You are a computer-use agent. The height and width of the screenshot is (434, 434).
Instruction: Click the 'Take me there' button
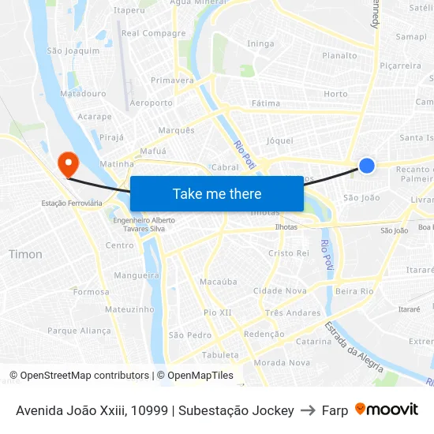point(217,193)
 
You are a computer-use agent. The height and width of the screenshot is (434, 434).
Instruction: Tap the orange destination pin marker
point(69,163)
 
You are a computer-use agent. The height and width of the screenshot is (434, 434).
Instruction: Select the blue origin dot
point(367,165)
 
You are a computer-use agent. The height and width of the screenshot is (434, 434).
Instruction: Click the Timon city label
point(25,254)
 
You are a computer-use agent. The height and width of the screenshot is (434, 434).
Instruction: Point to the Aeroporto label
point(151,103)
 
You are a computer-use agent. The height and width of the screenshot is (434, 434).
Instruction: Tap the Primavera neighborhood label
point(172,80)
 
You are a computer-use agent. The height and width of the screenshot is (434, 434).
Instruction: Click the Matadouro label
point(83,93)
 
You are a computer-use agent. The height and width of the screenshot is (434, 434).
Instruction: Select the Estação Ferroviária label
point(72,203)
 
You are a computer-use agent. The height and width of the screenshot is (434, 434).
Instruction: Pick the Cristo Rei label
point(289,253)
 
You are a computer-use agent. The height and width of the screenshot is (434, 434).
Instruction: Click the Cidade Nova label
point(280,290)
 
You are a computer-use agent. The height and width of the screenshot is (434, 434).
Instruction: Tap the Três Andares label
point(293,312)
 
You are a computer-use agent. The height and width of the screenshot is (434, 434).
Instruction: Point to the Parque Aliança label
point(79,331)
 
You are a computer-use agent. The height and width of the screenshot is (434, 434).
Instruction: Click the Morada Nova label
point(282,362)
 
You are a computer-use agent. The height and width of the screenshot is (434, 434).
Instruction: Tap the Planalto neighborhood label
point(339,55)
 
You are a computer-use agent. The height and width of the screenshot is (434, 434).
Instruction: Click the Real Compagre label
point(153,33)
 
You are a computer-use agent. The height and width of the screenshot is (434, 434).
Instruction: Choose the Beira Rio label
point(354,291)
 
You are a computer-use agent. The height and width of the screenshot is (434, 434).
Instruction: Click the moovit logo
point(387,410)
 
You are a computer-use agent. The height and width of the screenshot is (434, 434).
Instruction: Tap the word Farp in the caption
point(335,410)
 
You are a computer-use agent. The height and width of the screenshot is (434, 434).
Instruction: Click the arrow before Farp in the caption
point(308,410)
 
